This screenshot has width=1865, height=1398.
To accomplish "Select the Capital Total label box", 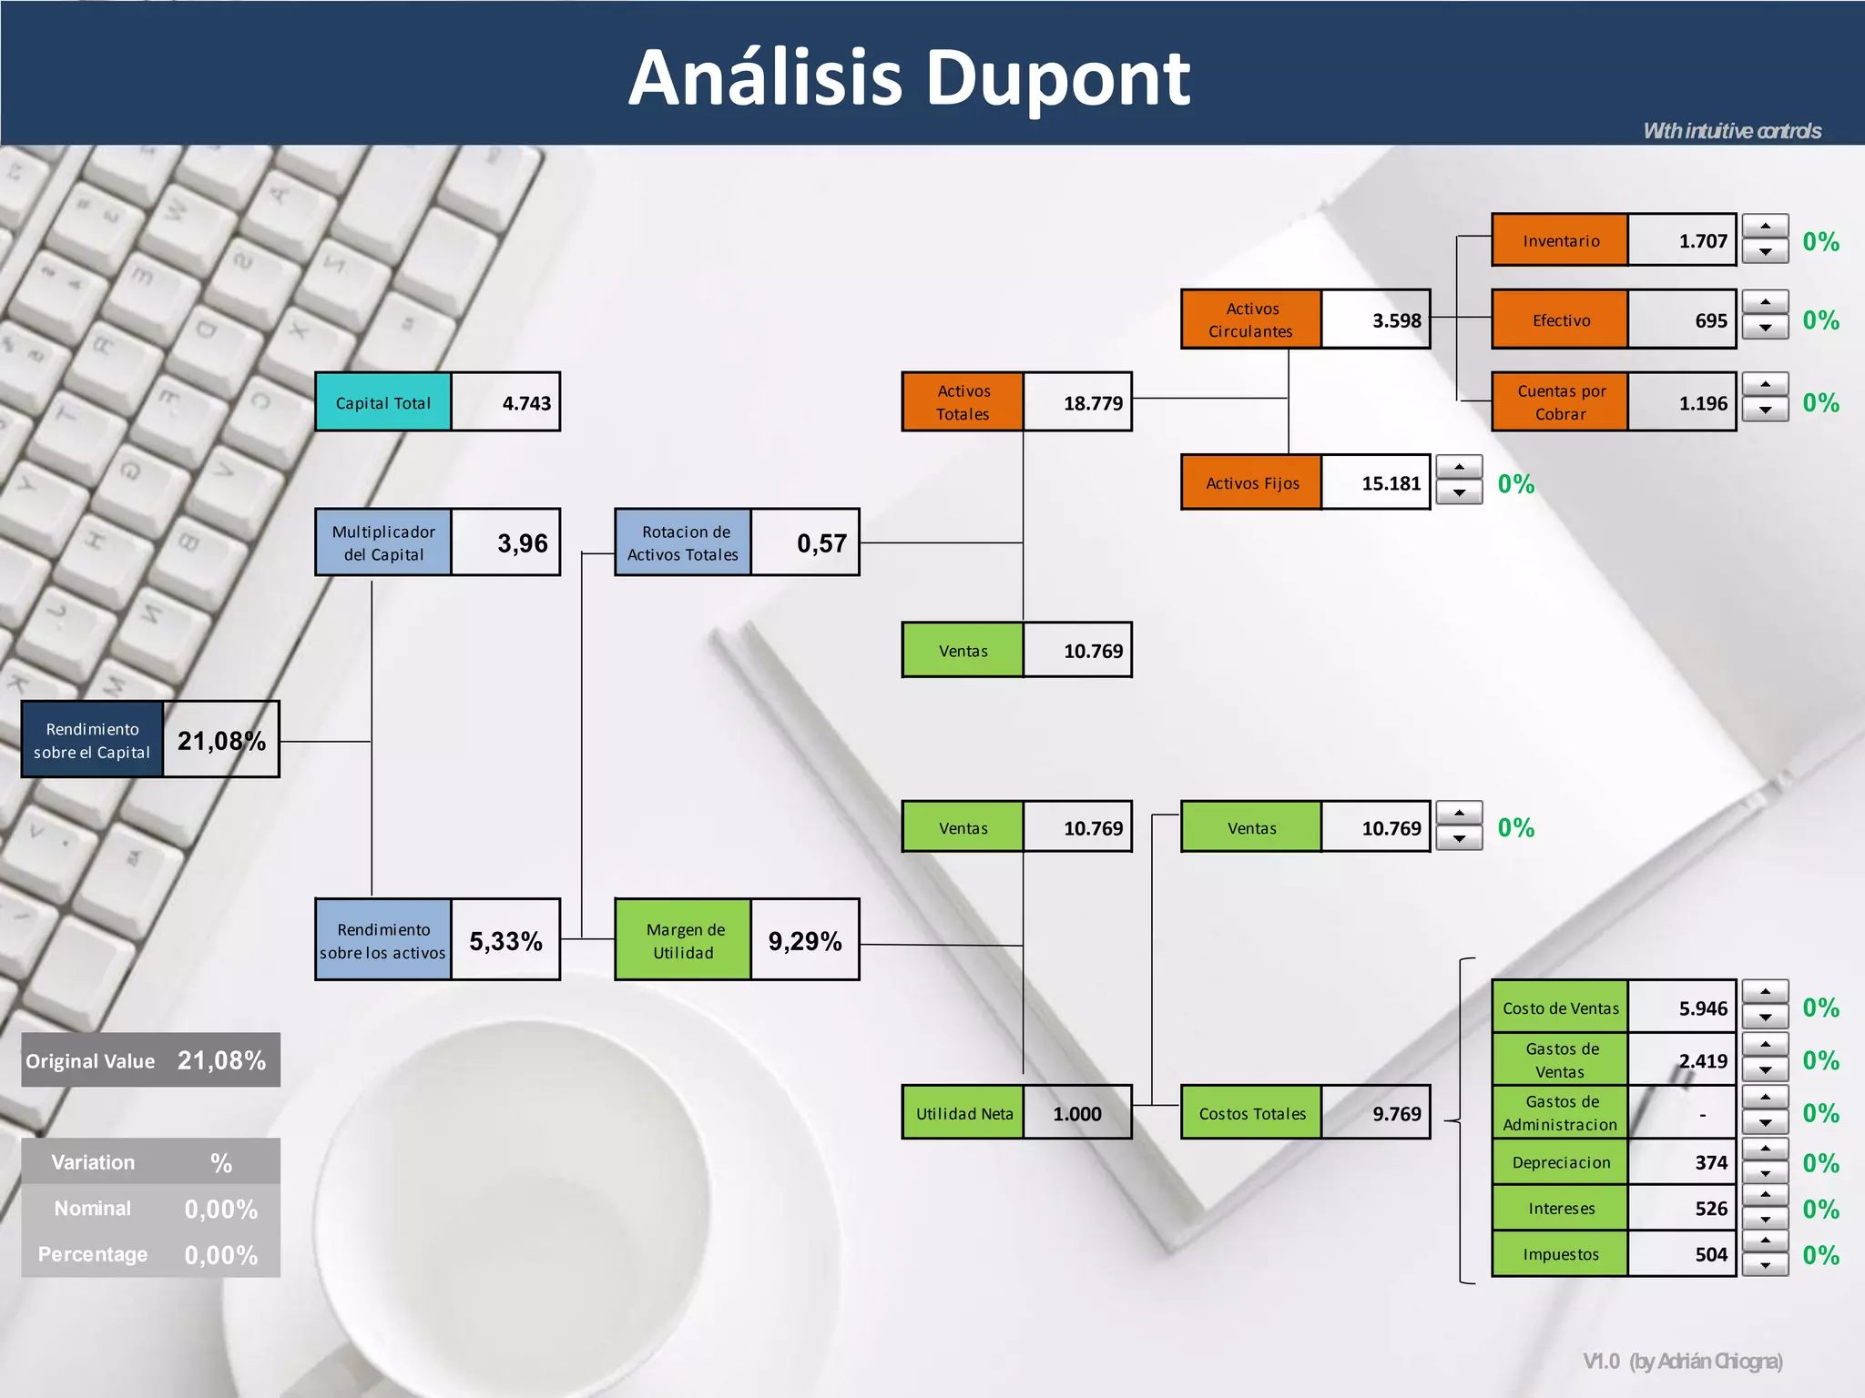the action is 382,402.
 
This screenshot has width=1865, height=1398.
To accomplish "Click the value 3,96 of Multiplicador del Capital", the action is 522,543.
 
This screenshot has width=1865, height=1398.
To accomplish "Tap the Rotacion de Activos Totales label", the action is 683,543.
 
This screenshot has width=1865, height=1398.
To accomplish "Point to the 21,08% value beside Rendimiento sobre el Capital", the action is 221,741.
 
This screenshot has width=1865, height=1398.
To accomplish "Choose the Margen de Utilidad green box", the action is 683,940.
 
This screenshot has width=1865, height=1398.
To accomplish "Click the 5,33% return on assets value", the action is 505,940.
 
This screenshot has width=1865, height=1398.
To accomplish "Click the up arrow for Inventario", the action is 1765,227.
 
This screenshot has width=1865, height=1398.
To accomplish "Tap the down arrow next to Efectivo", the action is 1765,329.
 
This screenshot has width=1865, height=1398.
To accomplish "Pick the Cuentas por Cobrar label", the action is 1560,402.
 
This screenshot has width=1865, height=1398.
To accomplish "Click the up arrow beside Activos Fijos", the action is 1459,468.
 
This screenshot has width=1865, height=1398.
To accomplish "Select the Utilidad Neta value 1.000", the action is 1076,1113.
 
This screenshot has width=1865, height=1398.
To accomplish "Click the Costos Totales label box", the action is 1251,1113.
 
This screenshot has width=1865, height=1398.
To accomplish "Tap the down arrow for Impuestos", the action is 1765,1265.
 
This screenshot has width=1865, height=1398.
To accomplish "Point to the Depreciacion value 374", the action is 1710,1162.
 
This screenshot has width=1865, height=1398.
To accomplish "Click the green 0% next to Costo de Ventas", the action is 1820,1008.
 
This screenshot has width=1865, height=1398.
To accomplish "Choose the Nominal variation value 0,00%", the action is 220,1209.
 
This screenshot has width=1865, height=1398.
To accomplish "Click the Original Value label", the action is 90,1061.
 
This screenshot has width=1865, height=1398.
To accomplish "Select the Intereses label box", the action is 1560,1209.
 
